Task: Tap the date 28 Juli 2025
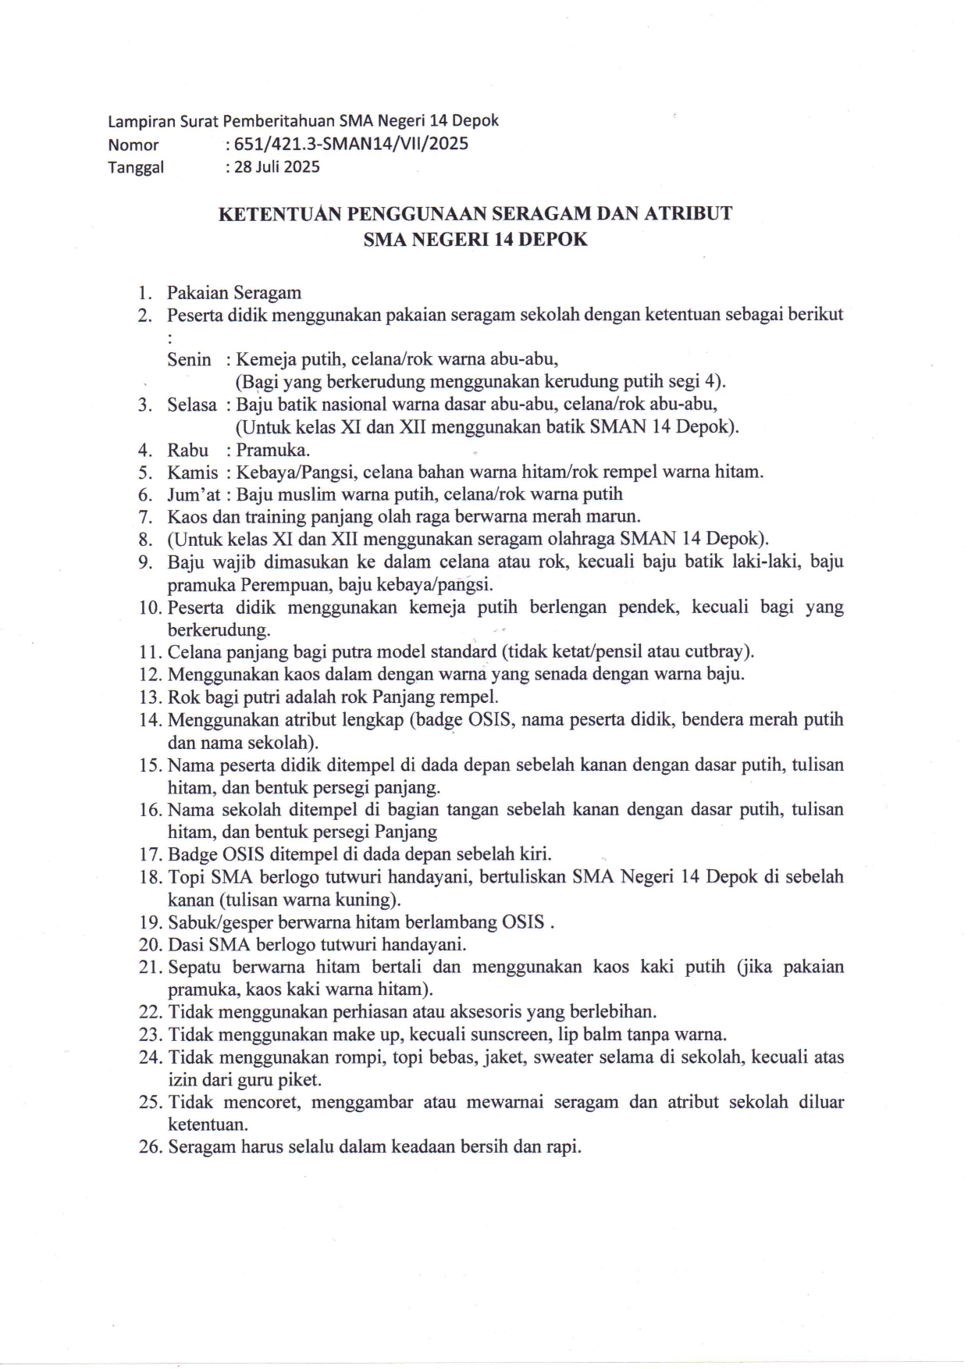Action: (x=276, y=166)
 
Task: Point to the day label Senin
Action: (x=189, y=360)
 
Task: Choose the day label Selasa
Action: (x=192, y=405)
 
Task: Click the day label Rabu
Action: (x=188, y=451)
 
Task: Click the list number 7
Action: (x=144, y=517)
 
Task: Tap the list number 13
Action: (x=149, y=697)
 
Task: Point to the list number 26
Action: (x=149, y=1147)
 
